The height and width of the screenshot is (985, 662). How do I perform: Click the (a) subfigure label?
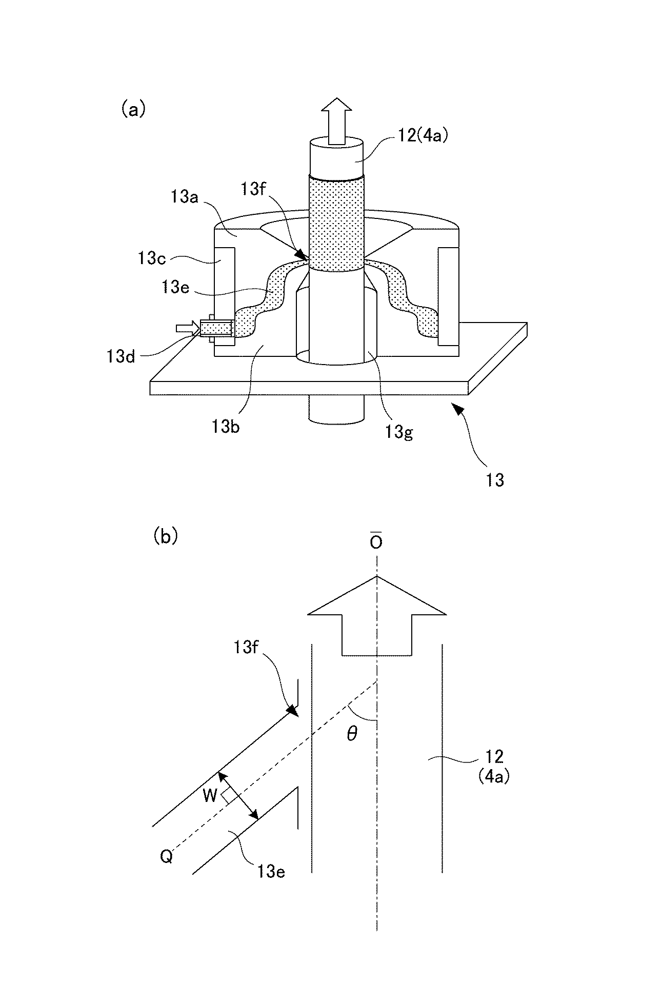[x=133, y=110]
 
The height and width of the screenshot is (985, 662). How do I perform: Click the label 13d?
[x=121, y=356]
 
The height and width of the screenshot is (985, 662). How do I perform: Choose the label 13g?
[x=400, y=432]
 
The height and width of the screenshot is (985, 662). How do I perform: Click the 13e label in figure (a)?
[x=176, y=288]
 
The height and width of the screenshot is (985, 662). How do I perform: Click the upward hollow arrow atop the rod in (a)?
[x=336, y=120]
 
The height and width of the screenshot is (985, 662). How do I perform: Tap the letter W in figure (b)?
[x=210, y=795]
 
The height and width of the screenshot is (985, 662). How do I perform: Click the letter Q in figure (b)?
[x=166, y=857]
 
